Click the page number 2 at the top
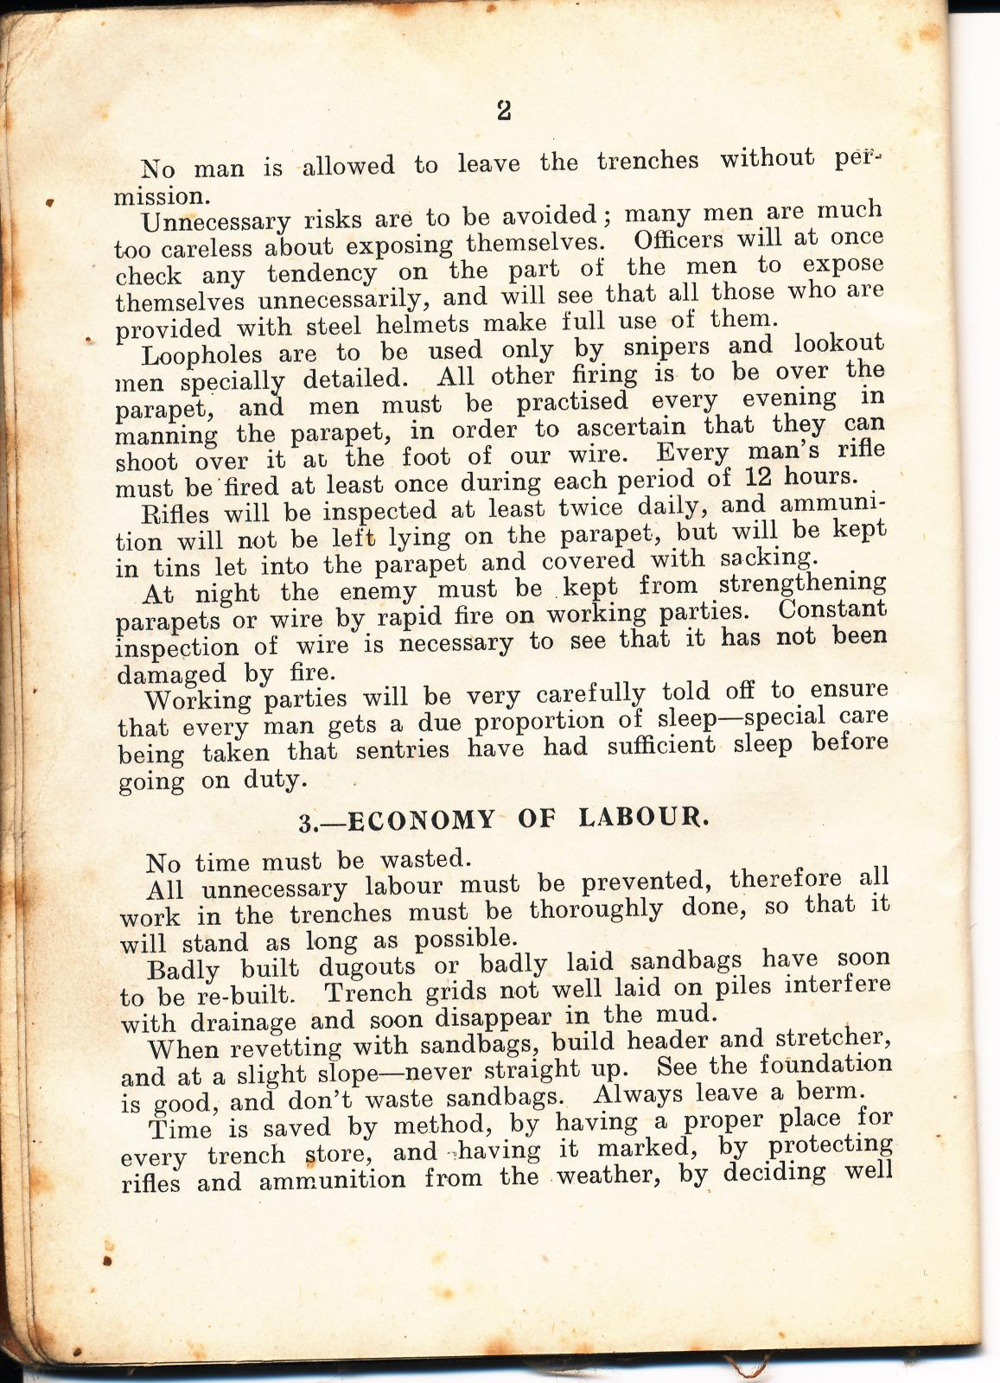[x=505, y=110]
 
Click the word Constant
[x=832, y=609]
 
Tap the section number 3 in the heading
[x=305, y=822]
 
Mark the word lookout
[x=838, y=343]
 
